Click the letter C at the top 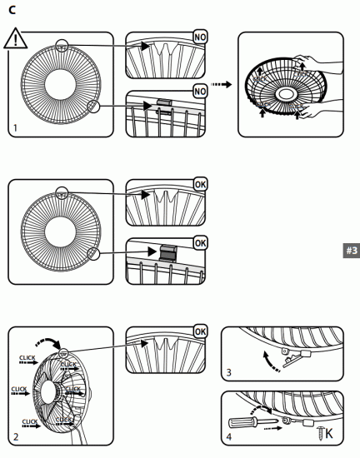point(11,11)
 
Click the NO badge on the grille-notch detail point(201,38)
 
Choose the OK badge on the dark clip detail point(201,242)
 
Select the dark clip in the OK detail point(167,251)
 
